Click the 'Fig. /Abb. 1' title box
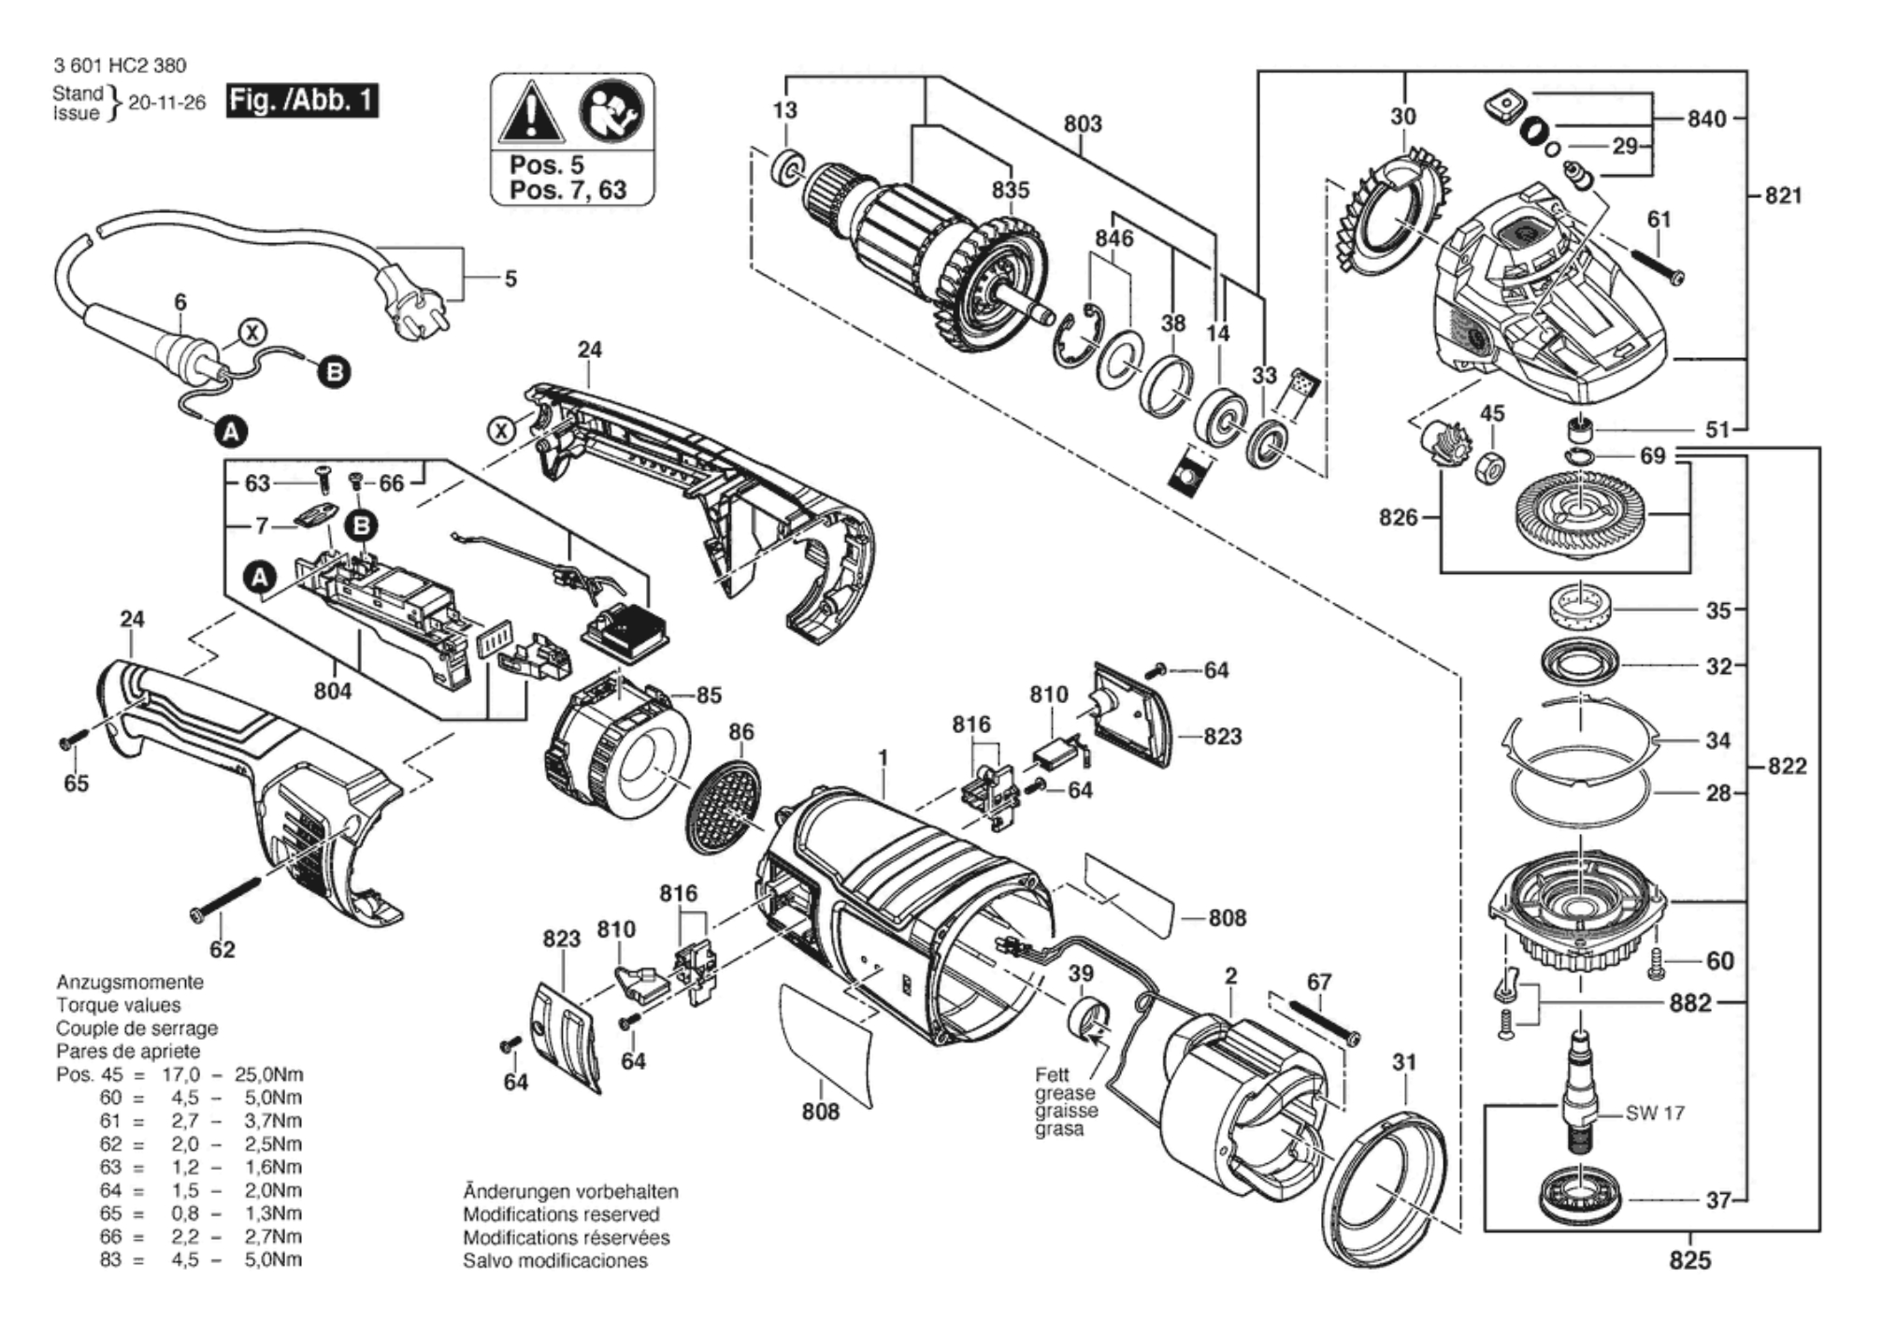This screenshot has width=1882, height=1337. tap(302, 100)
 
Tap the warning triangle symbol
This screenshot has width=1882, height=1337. tap(531, 113)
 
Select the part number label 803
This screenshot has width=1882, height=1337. tap(1083, 123)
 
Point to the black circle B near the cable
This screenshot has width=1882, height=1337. tap(334, 372)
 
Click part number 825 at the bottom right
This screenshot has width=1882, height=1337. tap(1690, 1260)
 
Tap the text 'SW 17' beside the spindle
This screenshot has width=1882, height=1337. tap(1655, 1113)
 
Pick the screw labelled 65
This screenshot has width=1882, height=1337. tap(73, 738)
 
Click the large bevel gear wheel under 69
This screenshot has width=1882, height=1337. tap(1581, 516)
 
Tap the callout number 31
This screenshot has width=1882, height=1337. tap(1404, 1062)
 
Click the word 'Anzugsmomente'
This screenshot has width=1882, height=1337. tap(130, 983)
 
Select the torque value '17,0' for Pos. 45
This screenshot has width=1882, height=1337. tap(181, 1074)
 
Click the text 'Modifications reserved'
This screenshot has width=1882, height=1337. tap(561, 1215)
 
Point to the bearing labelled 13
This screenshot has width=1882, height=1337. tap(787, 169)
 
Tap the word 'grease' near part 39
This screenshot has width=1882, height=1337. tap(1065, 1093)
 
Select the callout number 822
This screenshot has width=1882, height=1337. tap(1787, 767)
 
